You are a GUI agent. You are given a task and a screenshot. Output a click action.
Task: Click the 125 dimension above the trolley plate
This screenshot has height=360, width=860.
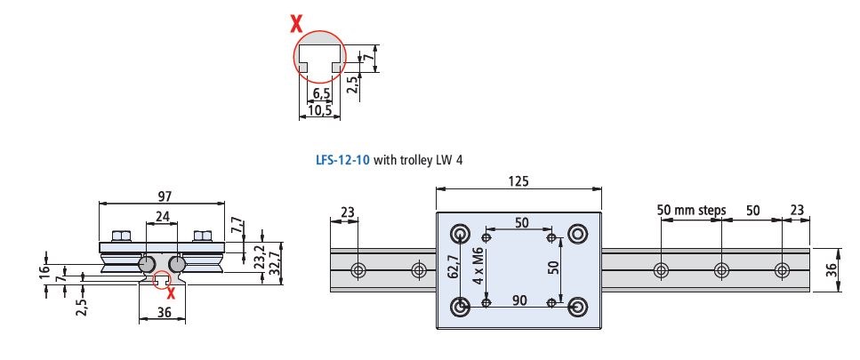tap(519, 180)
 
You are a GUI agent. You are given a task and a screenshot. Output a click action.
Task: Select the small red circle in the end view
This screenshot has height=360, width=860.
tap(163, 282)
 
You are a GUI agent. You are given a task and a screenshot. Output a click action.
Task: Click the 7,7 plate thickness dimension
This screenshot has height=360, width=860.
tap(237, 223)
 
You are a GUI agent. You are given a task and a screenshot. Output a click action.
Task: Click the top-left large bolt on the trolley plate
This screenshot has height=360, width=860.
tap(461, 235)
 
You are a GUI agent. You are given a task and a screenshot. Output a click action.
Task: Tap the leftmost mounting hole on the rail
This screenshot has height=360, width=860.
tap(358, 269)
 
